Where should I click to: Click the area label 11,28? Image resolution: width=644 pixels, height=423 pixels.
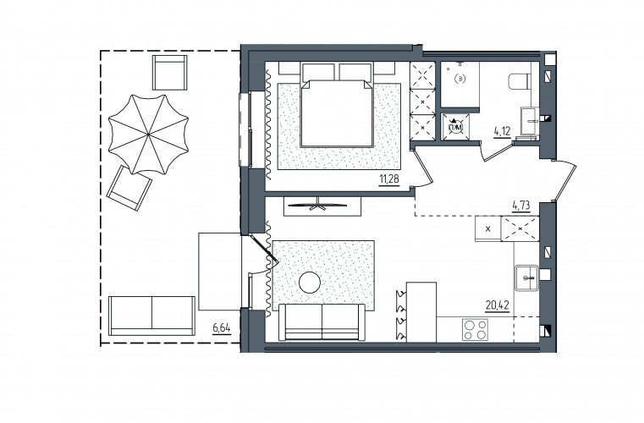(x=389, y=179)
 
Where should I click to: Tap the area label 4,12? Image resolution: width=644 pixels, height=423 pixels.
(x=502, y=131)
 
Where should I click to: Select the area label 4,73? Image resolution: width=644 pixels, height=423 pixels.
(x=520, y=205)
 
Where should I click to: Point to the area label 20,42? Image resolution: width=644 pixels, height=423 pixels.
(x=497, y=305)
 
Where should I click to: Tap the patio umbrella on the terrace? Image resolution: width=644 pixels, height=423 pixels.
(x=148, y=134)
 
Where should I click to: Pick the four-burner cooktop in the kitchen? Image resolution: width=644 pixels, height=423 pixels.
(x=476, y=329)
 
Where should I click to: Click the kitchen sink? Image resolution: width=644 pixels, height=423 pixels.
(x=526, y=278)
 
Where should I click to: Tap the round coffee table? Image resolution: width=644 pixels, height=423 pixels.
(x=309, y=283)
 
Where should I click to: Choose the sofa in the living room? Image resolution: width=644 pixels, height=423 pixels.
(x=322, y=322)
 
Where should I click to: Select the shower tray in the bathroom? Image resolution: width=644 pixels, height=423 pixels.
(x=460, y=85)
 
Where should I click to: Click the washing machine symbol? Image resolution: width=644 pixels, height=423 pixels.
(x=454, y=127)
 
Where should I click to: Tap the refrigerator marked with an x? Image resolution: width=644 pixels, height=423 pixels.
(x=488, y=228)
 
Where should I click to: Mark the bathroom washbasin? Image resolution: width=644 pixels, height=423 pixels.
(x=530, y=121)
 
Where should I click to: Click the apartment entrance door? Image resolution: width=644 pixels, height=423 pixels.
(x=565, y=181)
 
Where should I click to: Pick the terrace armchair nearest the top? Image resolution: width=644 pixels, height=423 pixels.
(x=170, y=72)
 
